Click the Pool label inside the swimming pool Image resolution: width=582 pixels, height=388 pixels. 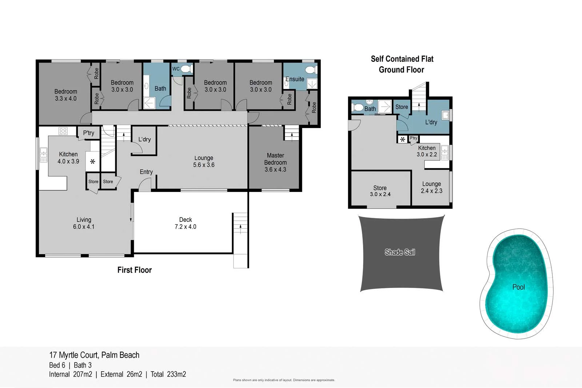518,287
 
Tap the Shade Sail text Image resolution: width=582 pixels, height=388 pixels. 400,252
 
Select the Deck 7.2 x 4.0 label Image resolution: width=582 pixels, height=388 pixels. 186,223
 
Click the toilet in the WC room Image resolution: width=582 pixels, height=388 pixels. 186,68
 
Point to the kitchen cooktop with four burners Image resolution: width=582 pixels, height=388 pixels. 63,131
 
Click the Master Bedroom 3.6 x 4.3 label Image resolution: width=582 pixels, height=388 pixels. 275,162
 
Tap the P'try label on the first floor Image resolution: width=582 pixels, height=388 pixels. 88,133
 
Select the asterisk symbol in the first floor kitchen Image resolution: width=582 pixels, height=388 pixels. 92,161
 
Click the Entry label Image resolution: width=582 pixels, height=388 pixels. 146,172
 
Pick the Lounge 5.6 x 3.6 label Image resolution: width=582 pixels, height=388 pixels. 204,161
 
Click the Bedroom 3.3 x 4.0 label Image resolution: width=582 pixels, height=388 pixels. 66,95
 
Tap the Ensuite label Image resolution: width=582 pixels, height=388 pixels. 295,79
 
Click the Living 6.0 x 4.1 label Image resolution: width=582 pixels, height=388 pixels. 84,223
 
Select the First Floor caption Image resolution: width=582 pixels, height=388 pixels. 134,270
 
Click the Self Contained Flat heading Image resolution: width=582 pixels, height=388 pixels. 402,59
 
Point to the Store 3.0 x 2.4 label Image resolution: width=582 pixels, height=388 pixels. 380,191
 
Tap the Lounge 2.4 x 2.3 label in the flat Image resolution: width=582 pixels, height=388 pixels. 431,187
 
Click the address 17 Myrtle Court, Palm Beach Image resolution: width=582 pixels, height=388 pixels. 94,355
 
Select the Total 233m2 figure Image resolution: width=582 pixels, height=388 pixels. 168,374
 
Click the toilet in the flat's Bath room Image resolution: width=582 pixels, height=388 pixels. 358,107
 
